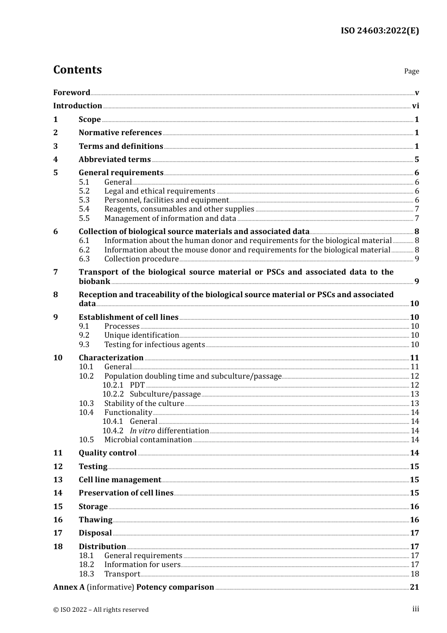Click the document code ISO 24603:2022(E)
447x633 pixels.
380,31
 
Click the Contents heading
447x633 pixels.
77,70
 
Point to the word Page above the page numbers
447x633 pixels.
411,71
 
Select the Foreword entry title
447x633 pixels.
72,93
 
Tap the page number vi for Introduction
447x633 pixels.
415,106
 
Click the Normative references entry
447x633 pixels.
120,133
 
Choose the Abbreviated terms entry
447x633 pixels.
114,160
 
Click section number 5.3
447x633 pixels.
84,200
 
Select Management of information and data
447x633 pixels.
170,219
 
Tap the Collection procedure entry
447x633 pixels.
141,259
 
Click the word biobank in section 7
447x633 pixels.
94,282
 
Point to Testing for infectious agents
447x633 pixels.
154,345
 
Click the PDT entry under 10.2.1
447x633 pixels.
137,385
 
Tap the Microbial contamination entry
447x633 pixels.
148,440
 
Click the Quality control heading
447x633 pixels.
107,453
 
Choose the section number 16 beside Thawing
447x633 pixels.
58,520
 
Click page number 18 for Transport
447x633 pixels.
415,574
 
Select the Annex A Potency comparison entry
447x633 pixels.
133,587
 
